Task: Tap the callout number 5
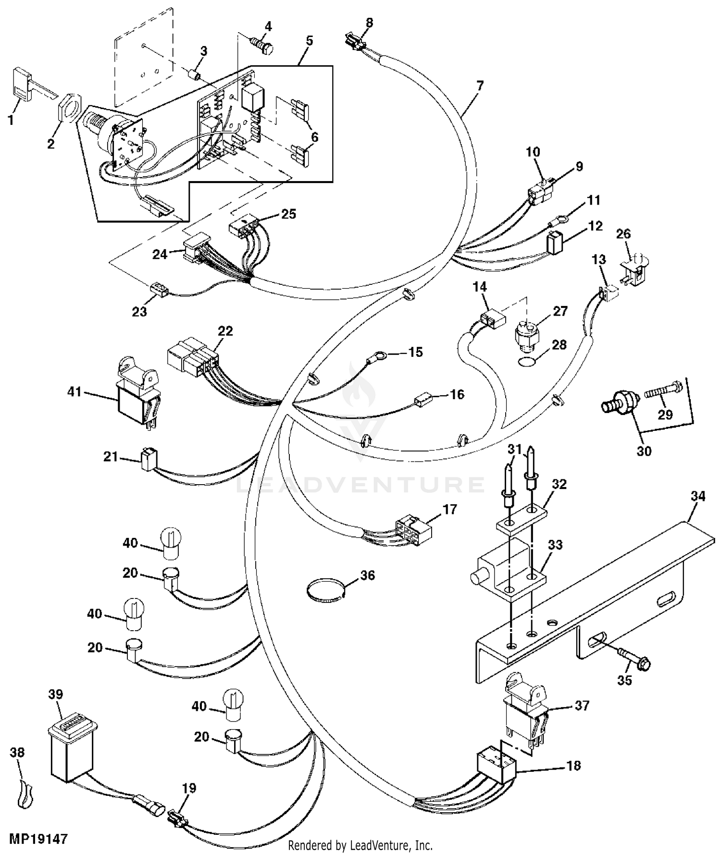coord(309,41)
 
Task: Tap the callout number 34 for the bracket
coord(698,496)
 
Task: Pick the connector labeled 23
coord(158,290)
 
